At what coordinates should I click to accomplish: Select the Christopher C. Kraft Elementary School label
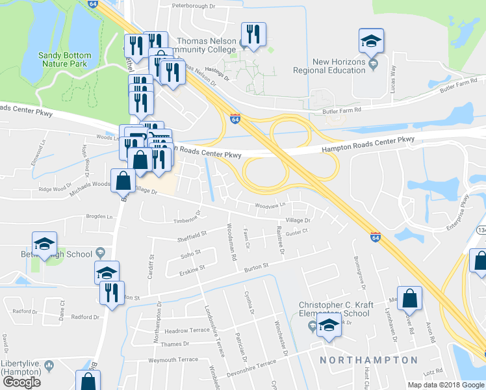tap(334, 309)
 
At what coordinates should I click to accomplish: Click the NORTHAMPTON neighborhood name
tap(368, 359)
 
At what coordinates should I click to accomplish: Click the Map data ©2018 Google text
tap(446, 385)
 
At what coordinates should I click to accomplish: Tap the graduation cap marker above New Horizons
tap(371, 41)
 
